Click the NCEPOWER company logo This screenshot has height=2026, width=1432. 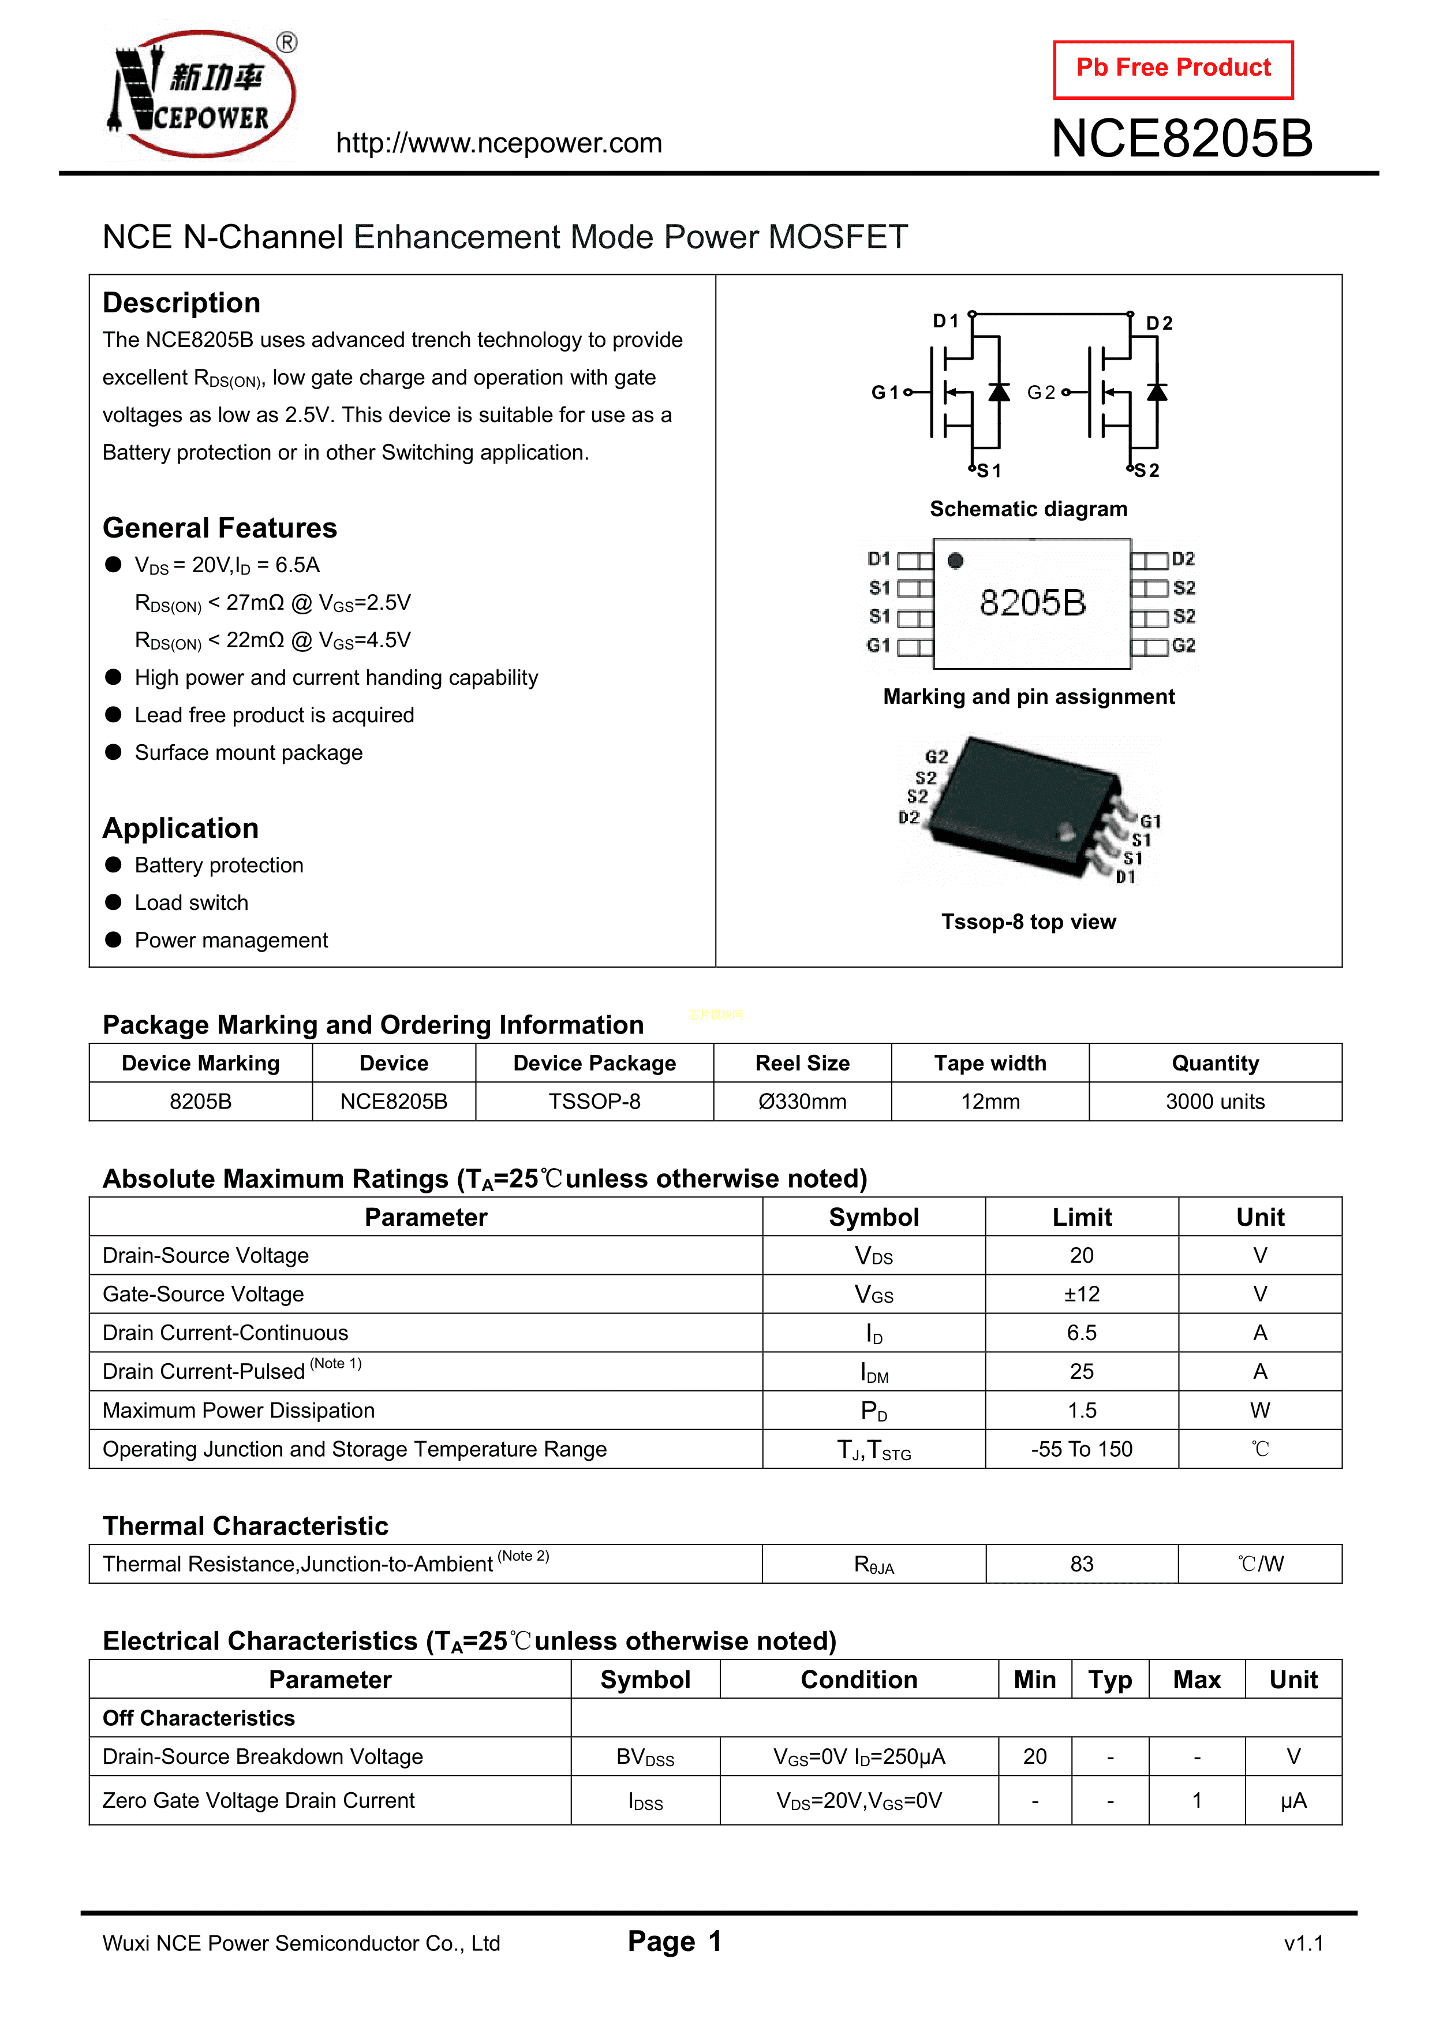point(202,94)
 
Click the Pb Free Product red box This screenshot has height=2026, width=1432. point(1173,69)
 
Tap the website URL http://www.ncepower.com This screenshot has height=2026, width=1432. point(499,143)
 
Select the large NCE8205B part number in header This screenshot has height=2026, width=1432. point(1182,139)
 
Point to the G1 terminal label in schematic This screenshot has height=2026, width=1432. point(884,393)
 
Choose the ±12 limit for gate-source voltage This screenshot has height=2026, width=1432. point(1082,1294)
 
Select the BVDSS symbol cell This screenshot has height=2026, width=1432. point(645,1758)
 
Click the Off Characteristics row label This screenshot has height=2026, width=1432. point(199,1718)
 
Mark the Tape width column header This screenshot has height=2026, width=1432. point(990,1064)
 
